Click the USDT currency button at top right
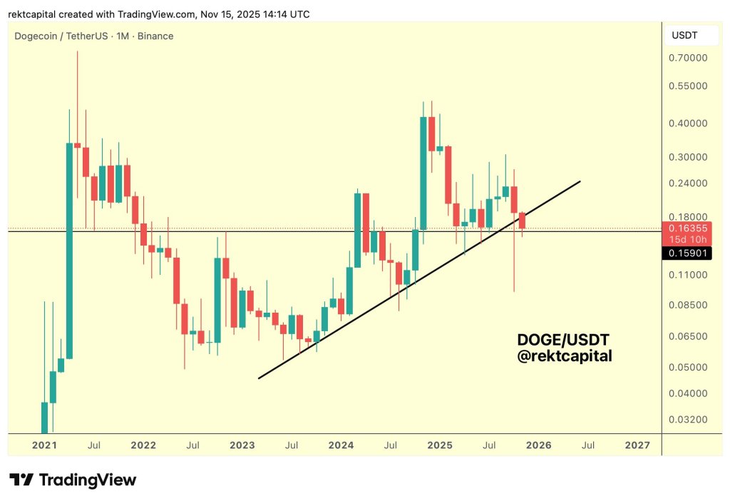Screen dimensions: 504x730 685,35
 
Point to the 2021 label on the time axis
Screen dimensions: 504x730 44,445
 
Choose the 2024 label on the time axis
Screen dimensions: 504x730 341,445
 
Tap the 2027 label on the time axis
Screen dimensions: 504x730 637,445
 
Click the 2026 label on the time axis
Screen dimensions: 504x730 538,445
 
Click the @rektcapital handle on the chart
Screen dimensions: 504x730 564,356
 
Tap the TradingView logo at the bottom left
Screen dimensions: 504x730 73,480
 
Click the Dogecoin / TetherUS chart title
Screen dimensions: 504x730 94,36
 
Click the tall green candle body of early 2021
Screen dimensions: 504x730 70,250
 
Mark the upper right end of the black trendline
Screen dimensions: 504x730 580,181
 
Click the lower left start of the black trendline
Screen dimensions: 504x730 259,378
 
